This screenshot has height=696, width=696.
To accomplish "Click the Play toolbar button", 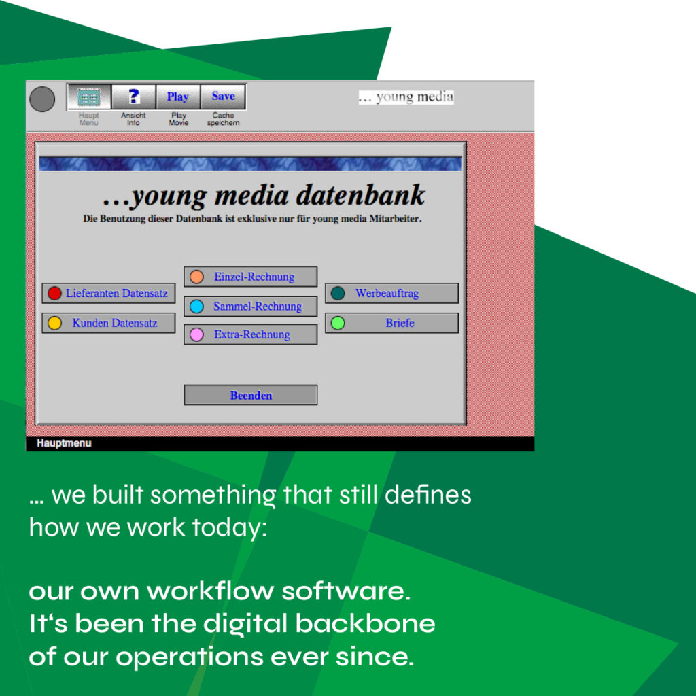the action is (178, 97).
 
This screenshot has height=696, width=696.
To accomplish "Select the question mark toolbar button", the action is (134, 97).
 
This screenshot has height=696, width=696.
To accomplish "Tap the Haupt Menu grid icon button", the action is (89, 97).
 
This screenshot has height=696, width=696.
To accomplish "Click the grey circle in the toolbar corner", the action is (42, 99).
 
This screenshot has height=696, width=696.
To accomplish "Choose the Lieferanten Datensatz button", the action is (109, 294).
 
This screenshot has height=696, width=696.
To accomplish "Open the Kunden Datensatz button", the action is (109, 323).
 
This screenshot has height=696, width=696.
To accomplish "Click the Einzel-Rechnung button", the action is (251, 277).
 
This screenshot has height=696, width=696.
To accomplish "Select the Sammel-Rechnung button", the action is (251, 307).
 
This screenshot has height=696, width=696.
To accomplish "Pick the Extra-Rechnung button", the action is (251, 334).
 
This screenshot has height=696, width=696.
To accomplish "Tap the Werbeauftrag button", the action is (392, 294).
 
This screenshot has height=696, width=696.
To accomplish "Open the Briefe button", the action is (392, 323).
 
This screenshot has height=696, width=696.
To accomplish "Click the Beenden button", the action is (251, 395).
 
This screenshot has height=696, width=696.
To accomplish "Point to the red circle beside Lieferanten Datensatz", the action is (54, 294).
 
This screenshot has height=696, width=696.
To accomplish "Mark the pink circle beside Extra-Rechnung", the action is (196, 334).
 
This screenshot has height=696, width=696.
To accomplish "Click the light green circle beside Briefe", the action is (338, 323).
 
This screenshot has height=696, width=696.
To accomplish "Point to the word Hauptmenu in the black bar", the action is (65, 443).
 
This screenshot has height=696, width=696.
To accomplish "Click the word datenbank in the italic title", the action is (360, 195).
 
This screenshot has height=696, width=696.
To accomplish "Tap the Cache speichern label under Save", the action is (223, 119).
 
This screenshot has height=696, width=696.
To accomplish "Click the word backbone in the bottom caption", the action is (365, 623).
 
